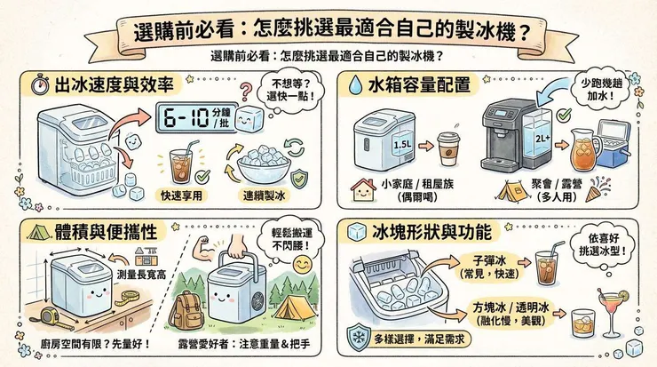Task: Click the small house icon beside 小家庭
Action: pos(362,187)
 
